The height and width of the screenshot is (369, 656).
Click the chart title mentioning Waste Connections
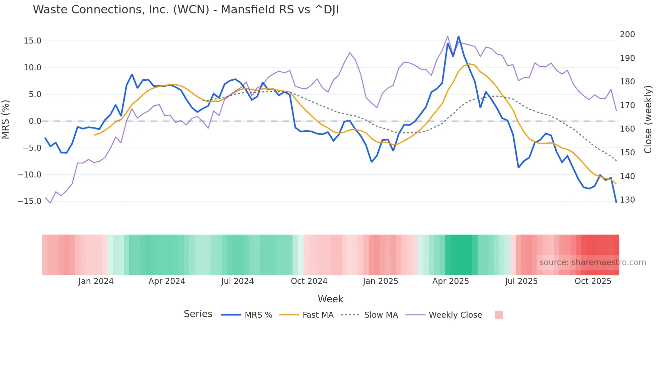(x=186, y=10)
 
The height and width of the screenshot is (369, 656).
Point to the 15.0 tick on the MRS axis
(x=32, y=41)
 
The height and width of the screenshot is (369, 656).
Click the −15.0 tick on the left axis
(x=29, y=201)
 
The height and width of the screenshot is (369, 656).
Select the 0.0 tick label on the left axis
(x=35, y=121)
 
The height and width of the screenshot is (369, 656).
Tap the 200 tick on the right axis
(x=627, y=34)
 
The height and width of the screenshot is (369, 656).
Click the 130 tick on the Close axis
(x=627, y=200)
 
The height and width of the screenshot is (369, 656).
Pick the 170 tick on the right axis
(x=627, y=105)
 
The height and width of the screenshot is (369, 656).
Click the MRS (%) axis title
(x=6, y=119)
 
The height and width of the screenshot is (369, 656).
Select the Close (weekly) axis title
(x=648, y=119)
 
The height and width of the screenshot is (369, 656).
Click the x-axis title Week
(x=330, y=299)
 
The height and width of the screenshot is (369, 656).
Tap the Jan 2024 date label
(x=96, y=281)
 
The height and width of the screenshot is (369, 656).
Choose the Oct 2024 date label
(x=309, y=281)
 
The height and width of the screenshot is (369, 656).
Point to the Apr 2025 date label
(x=450, y=281)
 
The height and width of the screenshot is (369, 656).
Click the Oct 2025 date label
(x=593, y=281)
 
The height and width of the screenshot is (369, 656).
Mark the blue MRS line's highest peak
(x=458, y=36)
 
